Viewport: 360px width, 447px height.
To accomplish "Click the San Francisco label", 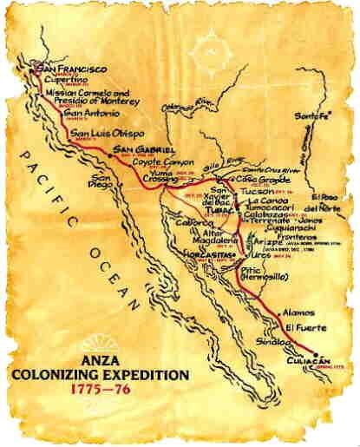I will click(x=70, y=68).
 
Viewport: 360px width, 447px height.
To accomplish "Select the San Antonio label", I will click(x=88, y=112).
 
